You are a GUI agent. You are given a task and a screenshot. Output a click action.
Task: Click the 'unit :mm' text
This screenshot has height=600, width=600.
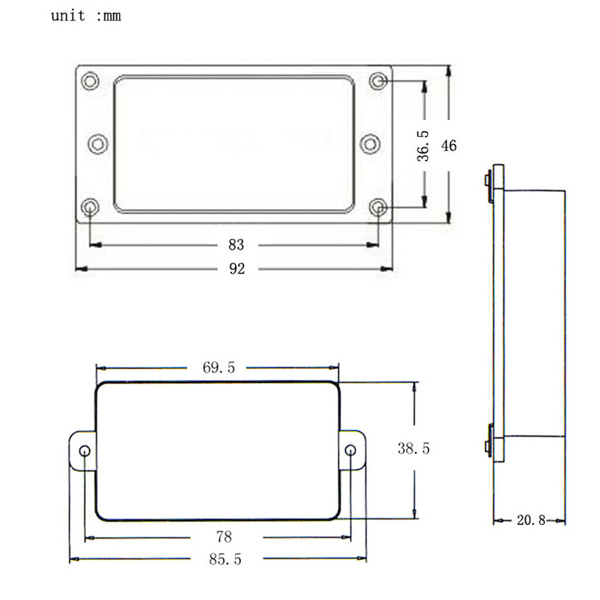coord(86,16)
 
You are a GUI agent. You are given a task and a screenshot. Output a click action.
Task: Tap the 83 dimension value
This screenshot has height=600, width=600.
coord(236,245)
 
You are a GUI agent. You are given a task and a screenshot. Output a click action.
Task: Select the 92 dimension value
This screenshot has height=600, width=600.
coord(237,268)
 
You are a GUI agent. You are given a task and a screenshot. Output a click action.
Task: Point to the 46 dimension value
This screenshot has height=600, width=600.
coord(448,146)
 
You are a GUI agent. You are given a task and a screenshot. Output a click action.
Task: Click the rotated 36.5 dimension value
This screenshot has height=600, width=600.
coord(423,146)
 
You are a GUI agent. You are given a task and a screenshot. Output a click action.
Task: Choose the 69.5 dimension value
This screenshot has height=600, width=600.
coord(219,367)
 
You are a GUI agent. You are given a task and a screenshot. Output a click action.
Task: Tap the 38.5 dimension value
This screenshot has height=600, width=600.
coord(414,448)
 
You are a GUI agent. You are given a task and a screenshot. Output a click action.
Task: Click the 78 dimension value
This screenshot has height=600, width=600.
coord(224,537)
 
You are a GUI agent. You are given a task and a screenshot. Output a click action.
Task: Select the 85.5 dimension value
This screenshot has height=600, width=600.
coord(225,560)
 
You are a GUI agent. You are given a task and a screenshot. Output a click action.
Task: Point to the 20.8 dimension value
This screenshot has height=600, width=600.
coord(531,520)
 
